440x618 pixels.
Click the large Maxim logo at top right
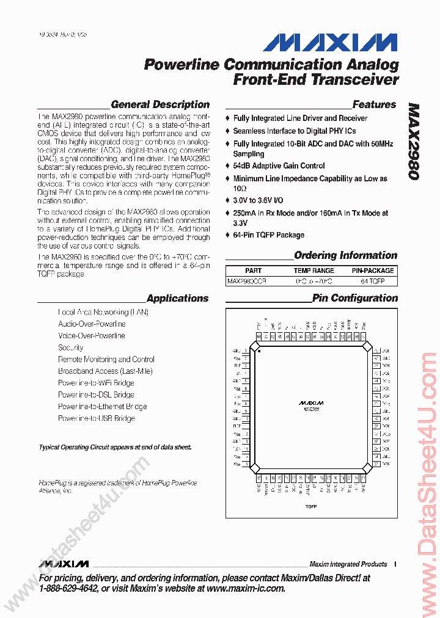(331, 42)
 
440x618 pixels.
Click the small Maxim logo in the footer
(64, 564)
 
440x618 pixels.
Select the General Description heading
(160, 104)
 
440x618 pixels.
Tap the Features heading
(374, 104)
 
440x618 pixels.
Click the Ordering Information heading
(345, 255)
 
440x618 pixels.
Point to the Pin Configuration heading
(354, 298)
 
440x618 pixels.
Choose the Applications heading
(177, 299)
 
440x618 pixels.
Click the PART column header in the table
(253, 271)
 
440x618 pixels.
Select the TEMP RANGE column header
(313, 271)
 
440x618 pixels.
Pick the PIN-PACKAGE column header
(372, 271)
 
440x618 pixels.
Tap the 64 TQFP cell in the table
(372, 282)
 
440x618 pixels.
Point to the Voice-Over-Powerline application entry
(92, 336)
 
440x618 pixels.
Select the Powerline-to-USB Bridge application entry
(97, 418)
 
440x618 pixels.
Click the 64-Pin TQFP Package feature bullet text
(268, 235)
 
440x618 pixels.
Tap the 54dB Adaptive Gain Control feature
(279, 166)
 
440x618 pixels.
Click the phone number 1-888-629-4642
(68, 589)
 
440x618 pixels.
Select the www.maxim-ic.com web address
(246, 589)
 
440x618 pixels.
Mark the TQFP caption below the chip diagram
(311, 507)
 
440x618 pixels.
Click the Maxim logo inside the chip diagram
(311, 403)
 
